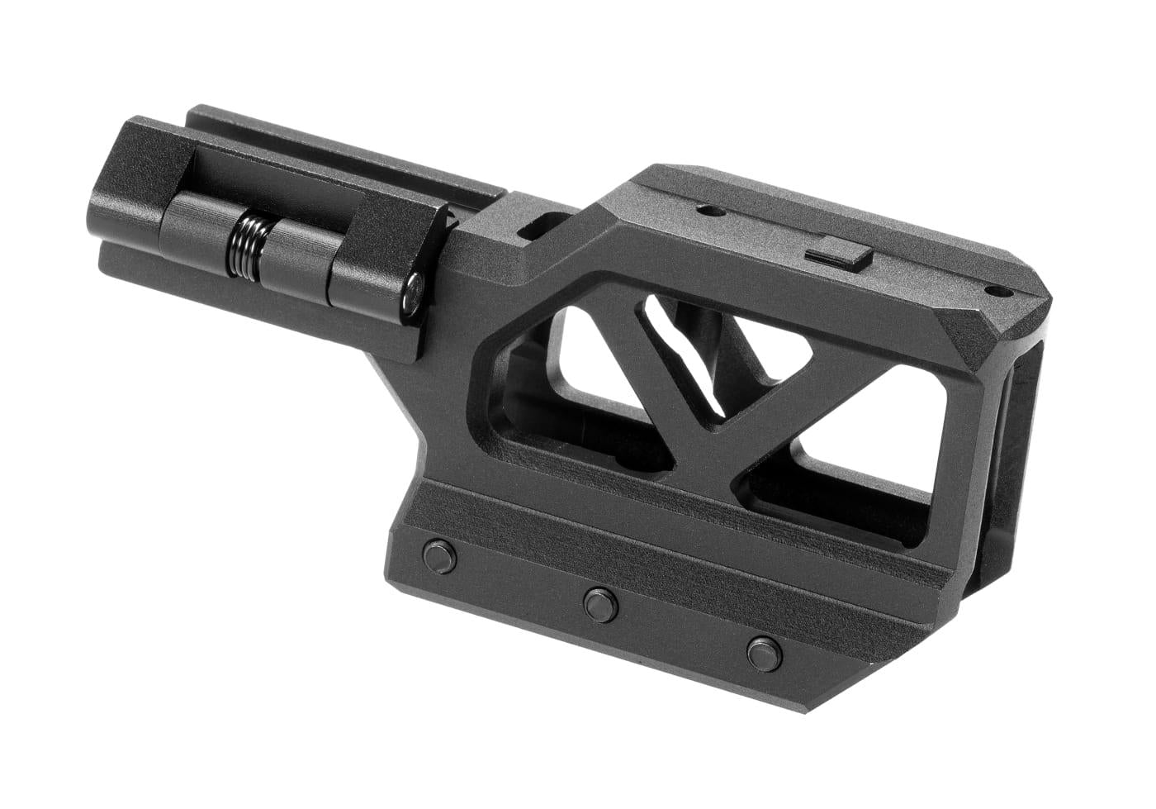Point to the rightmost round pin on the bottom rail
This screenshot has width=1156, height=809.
click(x=763, y=651)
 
